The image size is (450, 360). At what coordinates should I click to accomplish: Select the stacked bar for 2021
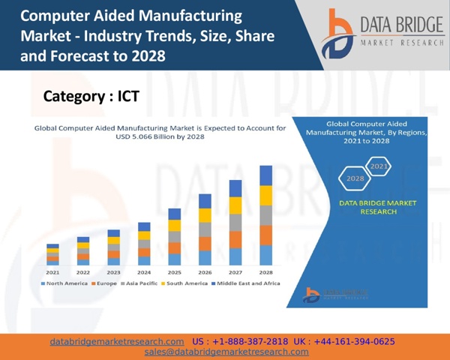(x=52, y=254)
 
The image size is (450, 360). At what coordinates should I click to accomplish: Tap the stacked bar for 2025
(x=174, y=236)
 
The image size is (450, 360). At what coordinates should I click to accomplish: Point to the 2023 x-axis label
(x=113, y=272)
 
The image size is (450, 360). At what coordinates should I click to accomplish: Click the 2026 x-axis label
(x=205, y=272)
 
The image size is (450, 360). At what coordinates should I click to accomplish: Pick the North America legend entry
(x=64, y=283)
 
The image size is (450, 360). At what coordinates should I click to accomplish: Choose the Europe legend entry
(x=104, y=283)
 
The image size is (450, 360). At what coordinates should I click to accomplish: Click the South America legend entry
(x=184, y=283)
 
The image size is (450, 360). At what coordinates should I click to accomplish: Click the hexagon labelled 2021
(x=379, y=166)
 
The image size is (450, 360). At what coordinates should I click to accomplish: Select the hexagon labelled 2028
(x=355, y=178)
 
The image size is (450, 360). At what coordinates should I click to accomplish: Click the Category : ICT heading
(x=91, y=96)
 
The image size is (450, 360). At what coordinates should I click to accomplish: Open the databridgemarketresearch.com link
(x=117, y=341)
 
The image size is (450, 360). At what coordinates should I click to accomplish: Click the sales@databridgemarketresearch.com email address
(x=226, y=352)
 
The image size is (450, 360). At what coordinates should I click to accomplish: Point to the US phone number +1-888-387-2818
(x=240, y=341)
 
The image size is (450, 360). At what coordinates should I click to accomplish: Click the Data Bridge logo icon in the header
(x=338, y=34)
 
